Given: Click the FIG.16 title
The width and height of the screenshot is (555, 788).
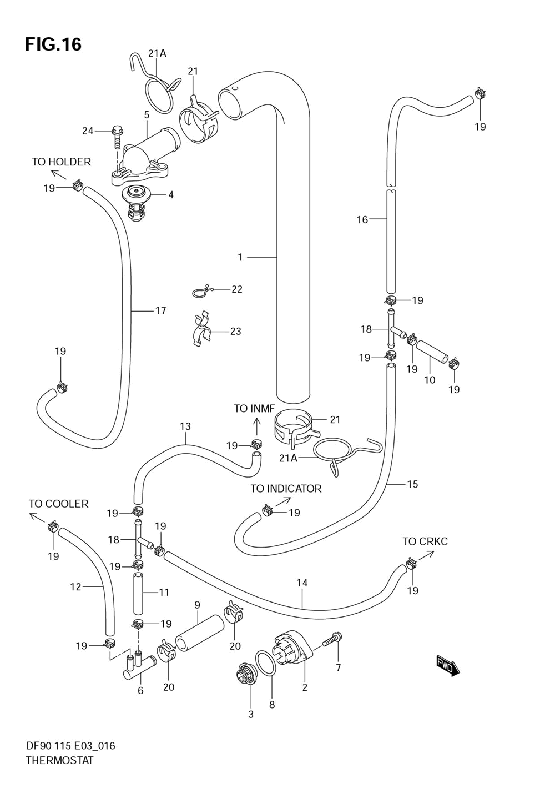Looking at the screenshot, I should click(53, 44).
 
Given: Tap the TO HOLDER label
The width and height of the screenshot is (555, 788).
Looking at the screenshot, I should click(61, 162).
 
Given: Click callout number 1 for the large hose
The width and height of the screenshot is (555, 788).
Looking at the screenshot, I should click(240, 257).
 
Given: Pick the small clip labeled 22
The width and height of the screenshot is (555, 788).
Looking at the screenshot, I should click(202, 290).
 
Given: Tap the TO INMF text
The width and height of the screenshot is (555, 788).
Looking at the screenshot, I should click(254, 409).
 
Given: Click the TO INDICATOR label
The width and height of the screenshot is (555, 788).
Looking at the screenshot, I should click(286, 489).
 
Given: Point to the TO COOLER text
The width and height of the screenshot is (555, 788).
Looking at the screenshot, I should click(58, 504).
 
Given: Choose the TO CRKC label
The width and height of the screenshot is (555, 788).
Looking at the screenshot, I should click(425, 541).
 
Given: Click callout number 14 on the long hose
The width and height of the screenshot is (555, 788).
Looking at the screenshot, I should click(302, 583).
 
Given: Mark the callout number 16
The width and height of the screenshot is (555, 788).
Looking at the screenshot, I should click(362, 220).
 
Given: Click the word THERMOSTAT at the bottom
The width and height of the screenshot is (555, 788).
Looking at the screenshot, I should click(59, 760).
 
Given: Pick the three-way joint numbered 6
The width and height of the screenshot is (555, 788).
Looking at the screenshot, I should click(137, 666).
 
